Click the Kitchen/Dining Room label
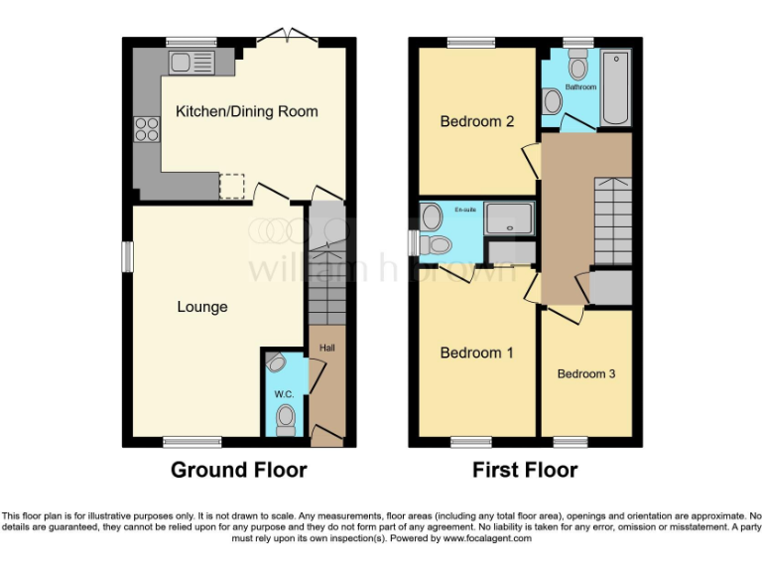pyautogui.click(x=247, y=111)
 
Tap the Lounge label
pyautogui.click(x=202, y=307)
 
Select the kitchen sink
pyautogui.click(x=189, y=64)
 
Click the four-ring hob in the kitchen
pyautogui.click(x=147, y=128)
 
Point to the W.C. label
pyautogui.click(x=284, y=394)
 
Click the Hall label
pyautogui.click(x=326, y=348)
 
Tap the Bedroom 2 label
pyautogui.click(x=476, y=122)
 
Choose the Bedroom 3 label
pyautogui.click(x=586, y=374)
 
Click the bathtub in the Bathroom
pyautogui.click(x=614, y=87)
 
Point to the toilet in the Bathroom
pyautogui.click(x=577, y=67)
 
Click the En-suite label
pyautogui.click(x=465, y=211)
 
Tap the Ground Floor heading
pyautogui.click(x=238, y=470)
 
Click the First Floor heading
pyautogui.click(x=525, y=470)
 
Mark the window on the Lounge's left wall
pyautogui.click(x=127, y=255)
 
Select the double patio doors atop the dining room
pyautogui.click(x=287, y=38)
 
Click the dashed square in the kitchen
pyautogui.click(x=231, y=186)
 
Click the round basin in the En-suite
pyautogui.click(x=431, y=215)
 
